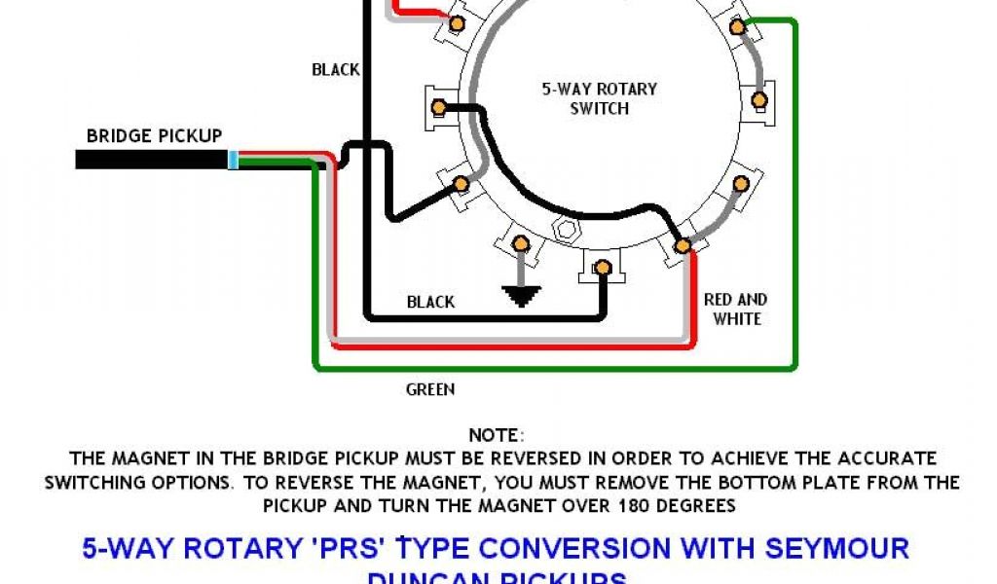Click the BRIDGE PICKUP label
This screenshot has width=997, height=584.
pyautogui.click(x=154, y=136)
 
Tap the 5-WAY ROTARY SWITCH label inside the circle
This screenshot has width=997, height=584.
pyautogui.click(x=599, y=98)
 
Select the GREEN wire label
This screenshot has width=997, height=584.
pyautogui.click(x=429, y=389)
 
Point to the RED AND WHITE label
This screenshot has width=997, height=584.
pyautogui.click(x=736, y=309)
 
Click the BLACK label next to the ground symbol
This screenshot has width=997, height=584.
pyautogui.click(x=430, y=302)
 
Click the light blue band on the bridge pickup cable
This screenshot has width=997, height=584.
pyautogui.click(x=233, y=160)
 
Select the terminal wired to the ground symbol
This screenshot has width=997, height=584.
pyautogui.click(x=521, y=242)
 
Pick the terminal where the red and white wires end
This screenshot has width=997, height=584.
pyautogui.click(x=683, y=245)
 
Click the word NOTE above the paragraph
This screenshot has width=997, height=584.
pyautogui.click(x=496, y=435)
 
